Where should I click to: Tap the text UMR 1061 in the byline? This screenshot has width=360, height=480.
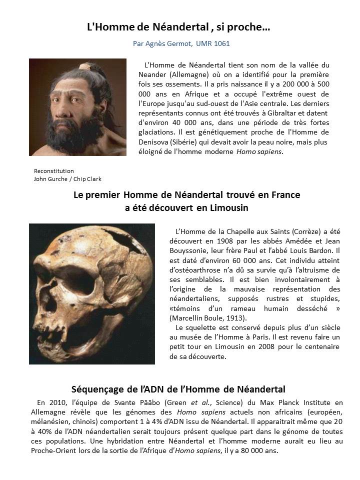pos(213,44)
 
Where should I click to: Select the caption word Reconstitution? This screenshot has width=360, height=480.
pos(53,170)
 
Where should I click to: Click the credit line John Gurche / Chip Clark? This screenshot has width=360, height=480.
pos(67,178)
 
